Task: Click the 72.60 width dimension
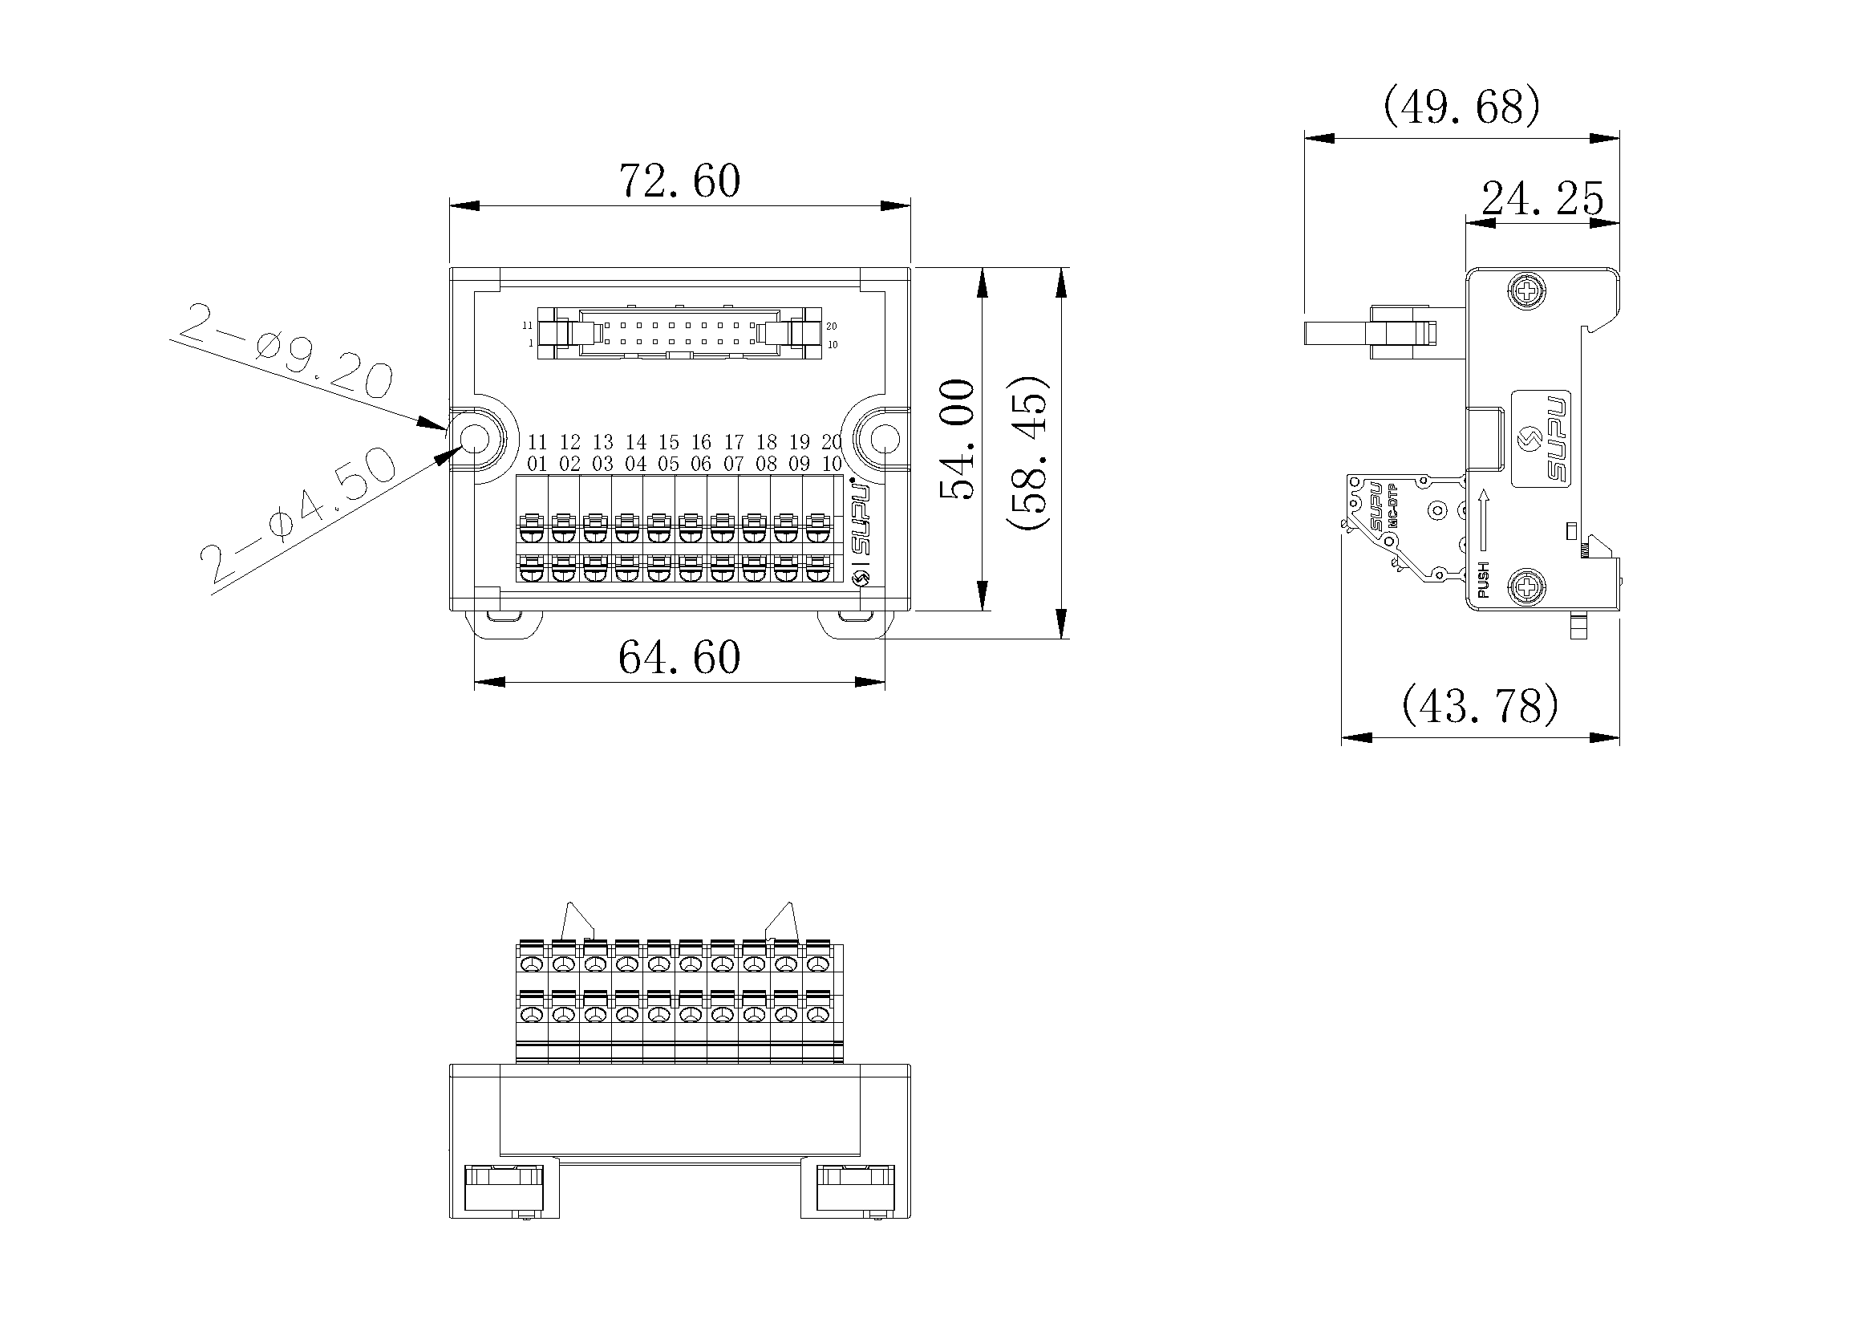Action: click(x=680, y=181)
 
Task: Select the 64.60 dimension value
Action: click(x=680, y=658)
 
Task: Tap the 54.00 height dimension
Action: click(x=958, y=440)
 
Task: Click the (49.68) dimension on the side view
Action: click(x=1461, y=107)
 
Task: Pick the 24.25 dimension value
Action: click(x=1542, y=200)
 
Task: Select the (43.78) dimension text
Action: click(x=1480, y=706)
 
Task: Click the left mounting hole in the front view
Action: click(x=475, y=440)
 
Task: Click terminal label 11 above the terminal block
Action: click(x=537, y=443)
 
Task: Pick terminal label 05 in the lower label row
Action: click(x=668, y=464)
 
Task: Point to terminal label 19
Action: click(x=799, y=443)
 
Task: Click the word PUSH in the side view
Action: click(x=1484, y=579)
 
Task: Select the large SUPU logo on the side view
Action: click(x=1542, y=440)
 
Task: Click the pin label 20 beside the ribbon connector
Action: click(x=832, y=326)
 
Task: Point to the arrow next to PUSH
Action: click(x=1484, y=520)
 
